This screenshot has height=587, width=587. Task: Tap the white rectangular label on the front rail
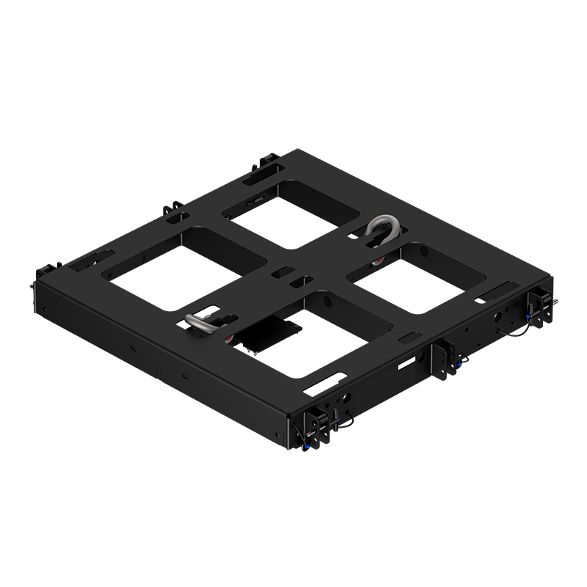click(x=406, y=362)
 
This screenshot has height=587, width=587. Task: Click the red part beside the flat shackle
click(x=230, y=337)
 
